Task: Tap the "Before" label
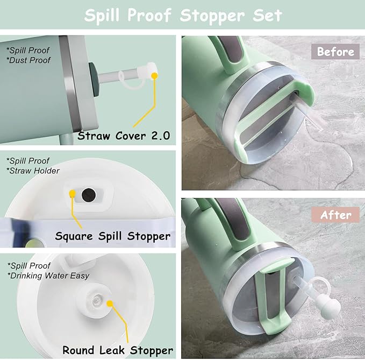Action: coord(335,52)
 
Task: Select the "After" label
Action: coord(336,215)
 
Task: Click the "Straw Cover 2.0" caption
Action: coord(124,135)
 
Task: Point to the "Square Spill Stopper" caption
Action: coord(112,236)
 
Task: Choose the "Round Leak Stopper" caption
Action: coord(118,350)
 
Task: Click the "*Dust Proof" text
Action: coord(29,60)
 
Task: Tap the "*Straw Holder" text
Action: coord(33,171)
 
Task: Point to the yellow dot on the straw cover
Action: coord(155,76)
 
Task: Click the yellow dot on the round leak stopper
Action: coord(110,303)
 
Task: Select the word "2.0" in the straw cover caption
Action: coord(158,135)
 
